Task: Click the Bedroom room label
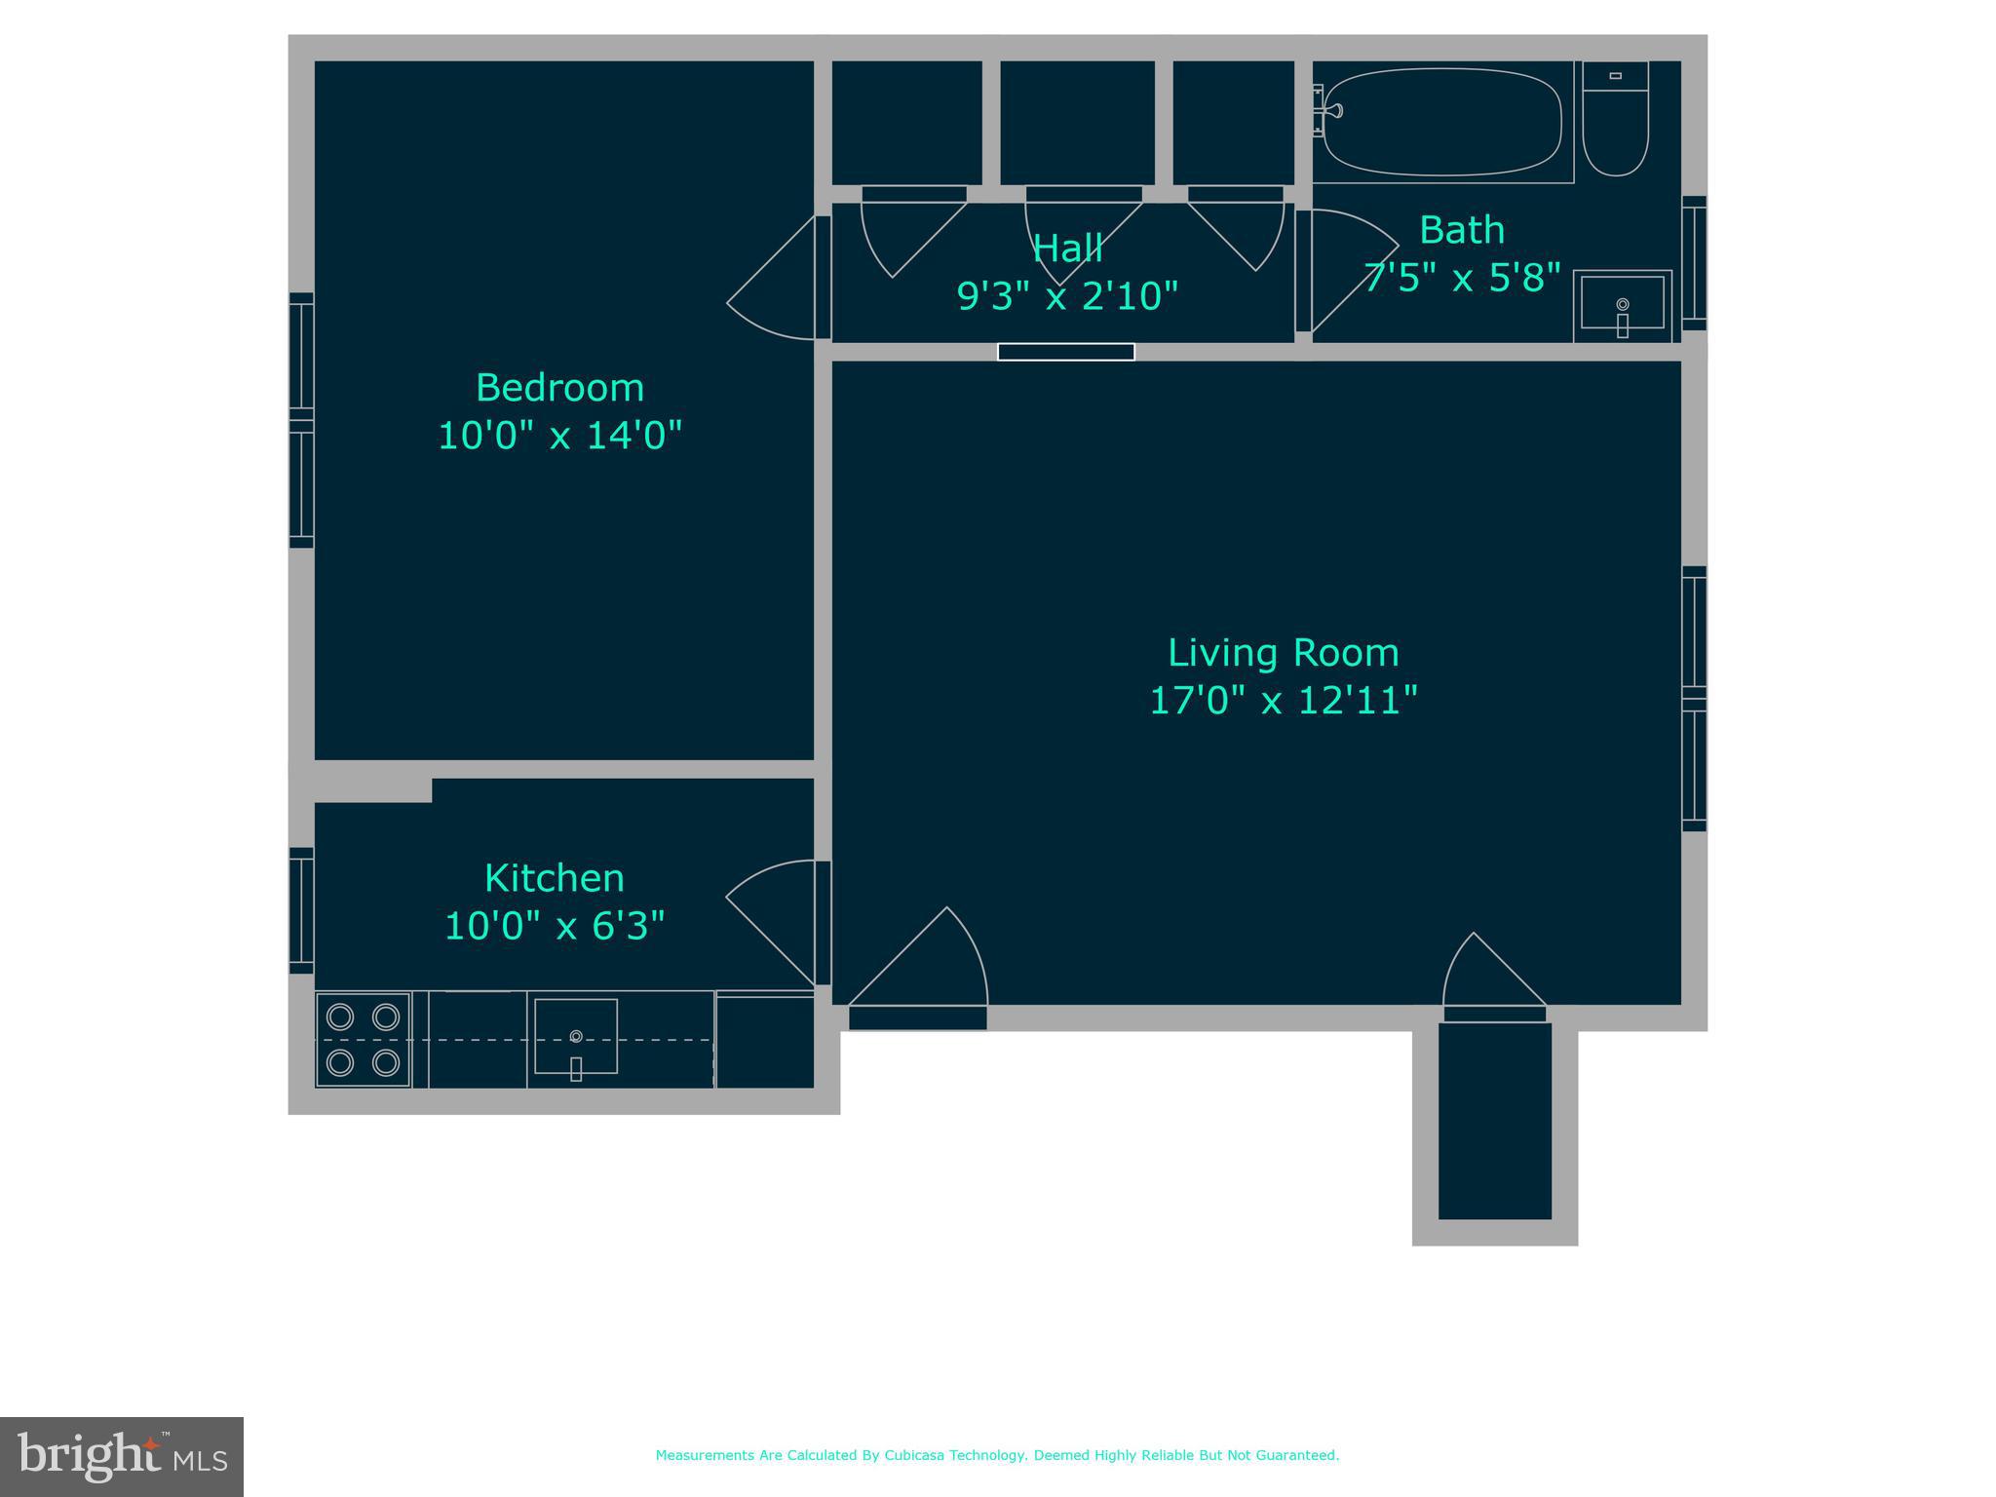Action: (x=559, y=388)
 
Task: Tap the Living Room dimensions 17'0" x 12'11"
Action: (x=1283, y=701)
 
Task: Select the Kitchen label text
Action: (x=554, y=878)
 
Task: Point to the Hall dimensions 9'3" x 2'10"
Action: (x=1067, y=295)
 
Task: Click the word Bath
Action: (x=1461, y=231)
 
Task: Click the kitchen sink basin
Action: (x=576, y=1037)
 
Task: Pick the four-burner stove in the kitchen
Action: (x=363, y=1039)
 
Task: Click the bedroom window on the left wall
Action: (x=301, y=420)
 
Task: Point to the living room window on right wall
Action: (x=1694, y=699)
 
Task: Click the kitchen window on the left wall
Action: (x=301, y=910)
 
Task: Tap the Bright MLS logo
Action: (x=122, y=1456)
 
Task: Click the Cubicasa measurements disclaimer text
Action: (x=997, y=1455)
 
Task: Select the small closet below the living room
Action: (x=1494, y=1120)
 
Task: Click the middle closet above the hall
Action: (x=1077, y=123)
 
